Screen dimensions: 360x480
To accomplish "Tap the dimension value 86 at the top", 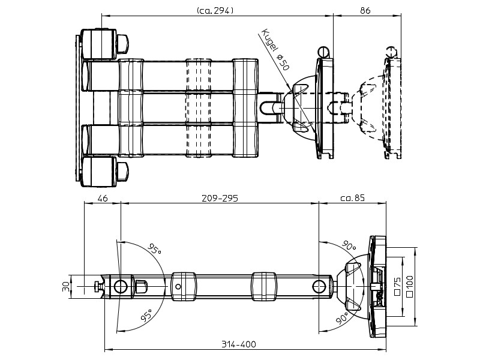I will pyautogui.click(x=365, y=10).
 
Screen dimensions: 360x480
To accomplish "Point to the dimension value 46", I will pyautogui.click(x=102, y=199).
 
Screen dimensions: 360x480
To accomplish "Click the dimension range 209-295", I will pyautogui.click(x=218, y=199).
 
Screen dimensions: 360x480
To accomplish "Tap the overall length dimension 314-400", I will pyautogui.click(x=239, y=344).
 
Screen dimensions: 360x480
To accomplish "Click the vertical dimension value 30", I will pyautogui.click(x=66, y=287).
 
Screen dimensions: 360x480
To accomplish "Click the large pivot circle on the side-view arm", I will pyautogui.click(x=120, y=287).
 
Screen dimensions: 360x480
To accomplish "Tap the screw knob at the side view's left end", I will pyautogui.click(x=96, y=287).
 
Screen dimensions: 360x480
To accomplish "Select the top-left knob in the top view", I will pyautogui.click(x=122, y=43).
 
